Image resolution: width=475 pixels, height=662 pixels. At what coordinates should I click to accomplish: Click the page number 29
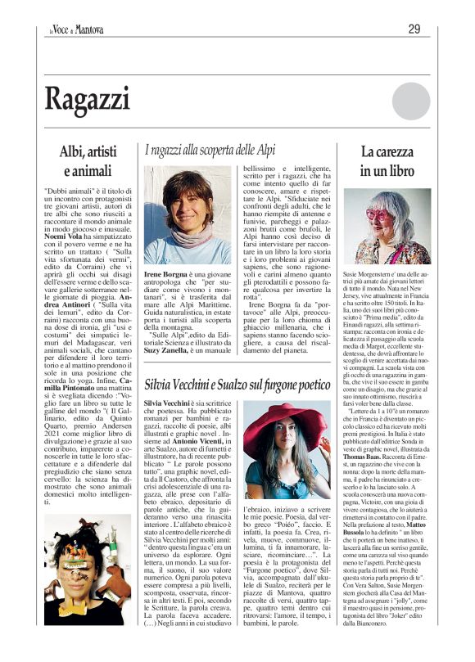click(x=414, y=29)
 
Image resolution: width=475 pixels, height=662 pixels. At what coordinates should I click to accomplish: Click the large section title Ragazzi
click(x=88, y=99)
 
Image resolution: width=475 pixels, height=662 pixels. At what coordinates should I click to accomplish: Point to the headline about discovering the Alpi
click(x=222, y=151)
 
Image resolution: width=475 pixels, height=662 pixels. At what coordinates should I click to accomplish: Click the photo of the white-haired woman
click(x=387, y=226)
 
